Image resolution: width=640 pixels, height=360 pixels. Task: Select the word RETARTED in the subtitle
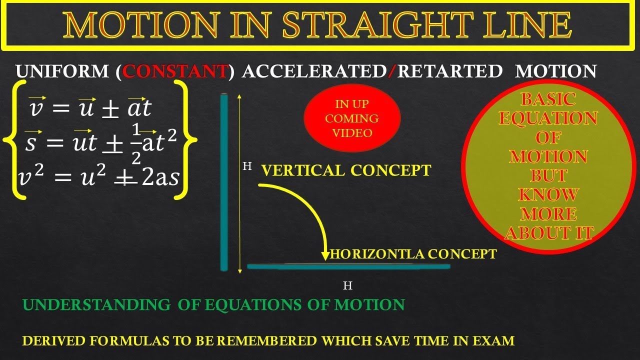click(449, 71)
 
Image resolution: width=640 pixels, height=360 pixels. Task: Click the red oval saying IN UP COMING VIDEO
click(352, 118)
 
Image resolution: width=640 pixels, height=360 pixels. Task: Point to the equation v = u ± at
click(90, 107)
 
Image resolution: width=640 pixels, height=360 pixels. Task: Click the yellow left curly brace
click(14, 139)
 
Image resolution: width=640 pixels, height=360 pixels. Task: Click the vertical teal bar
click(224, 182)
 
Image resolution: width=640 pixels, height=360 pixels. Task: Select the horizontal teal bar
click(348, 266)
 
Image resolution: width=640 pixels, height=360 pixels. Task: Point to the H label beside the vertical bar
click(247, 166)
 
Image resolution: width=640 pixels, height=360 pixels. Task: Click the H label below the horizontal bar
click(348, 286)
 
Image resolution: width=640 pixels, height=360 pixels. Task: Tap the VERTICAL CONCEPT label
click(346, 170)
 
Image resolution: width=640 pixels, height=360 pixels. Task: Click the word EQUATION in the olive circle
click(548, 118)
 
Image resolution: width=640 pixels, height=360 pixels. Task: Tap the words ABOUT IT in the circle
click(548, 232)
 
